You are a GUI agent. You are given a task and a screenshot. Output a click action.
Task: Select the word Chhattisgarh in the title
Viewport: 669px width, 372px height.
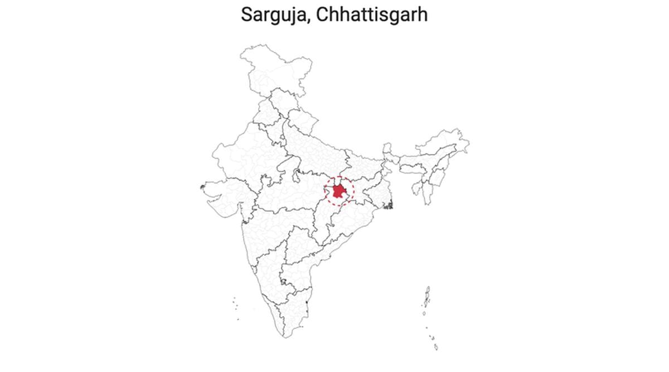(371, 15)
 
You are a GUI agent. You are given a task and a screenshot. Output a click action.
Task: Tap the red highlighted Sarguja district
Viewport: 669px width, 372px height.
(338, 192)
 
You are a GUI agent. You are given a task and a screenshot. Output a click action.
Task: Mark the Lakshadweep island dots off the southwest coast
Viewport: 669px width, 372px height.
(236, 306)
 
